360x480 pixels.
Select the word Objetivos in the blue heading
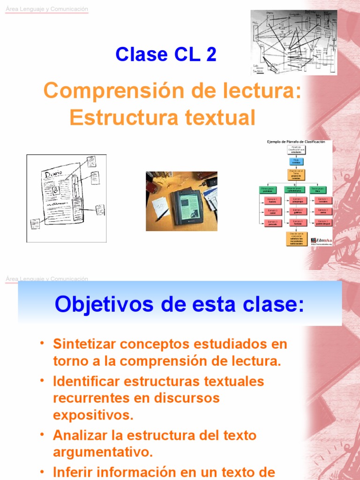click(96, 305)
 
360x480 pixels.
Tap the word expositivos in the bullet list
click(93, 415)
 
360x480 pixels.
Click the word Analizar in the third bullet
click(77, 435)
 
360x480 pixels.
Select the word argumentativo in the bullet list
click(103, 452)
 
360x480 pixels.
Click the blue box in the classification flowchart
click(296, 161)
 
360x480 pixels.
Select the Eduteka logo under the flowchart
click(321, 239)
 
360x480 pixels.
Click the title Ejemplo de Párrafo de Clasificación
click(296, 142)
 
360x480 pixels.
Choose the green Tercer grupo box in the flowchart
click(322, 189)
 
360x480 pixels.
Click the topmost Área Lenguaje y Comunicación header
click(46, 9)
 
